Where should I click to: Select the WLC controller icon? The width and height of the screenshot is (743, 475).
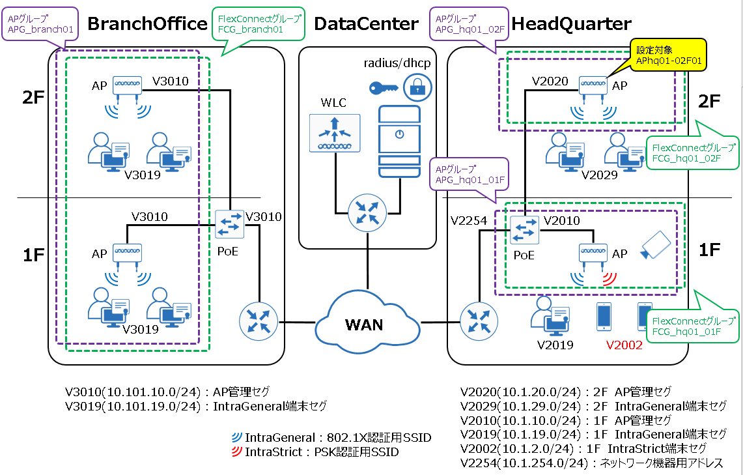[334, 134]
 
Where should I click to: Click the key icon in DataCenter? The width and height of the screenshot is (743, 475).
[381, 87]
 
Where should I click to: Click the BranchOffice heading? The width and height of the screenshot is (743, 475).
[147, 24]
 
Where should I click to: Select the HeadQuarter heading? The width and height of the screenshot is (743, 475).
[571, 24]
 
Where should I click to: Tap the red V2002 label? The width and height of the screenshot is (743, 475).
[624, 345]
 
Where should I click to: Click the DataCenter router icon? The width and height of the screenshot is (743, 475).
[367, 212]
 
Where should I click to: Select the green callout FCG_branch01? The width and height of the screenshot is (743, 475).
[249, 24]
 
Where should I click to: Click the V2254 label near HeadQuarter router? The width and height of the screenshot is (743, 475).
[468, 221]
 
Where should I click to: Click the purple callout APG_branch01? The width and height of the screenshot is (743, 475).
[39, 24]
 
